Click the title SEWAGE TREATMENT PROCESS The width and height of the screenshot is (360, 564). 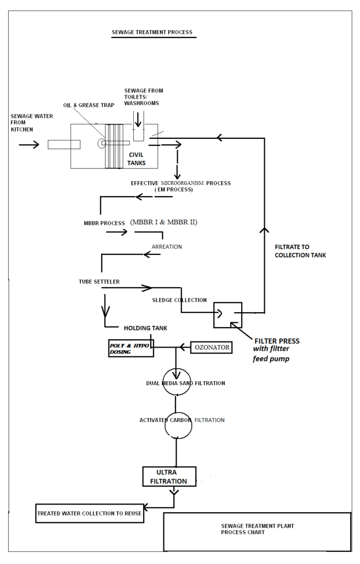[152, 32]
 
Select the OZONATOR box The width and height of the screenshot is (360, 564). [211, 348]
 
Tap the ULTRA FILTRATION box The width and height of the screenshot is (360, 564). [169, 477]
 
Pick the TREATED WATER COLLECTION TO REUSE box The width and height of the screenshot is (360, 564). [90, 513]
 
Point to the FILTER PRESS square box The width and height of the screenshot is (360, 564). [228, 315]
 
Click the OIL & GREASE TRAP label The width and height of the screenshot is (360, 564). [88, 105]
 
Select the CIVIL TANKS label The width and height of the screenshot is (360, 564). [136, 159]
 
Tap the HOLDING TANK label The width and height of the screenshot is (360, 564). [145, 328]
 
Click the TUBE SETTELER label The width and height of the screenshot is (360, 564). [99, 282]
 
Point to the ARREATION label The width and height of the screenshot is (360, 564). [166, 247]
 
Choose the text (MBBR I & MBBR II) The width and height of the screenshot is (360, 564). [163, 222]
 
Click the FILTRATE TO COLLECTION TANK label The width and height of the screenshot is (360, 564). [300, 251]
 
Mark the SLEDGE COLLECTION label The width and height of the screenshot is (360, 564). [179, 300]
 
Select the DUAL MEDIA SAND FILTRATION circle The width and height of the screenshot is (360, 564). [176, 383]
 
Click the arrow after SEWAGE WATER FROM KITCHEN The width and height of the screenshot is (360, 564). [29, 144]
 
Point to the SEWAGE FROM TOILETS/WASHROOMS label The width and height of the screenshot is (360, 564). [143, 97]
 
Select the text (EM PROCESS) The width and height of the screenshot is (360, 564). [174, 189]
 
